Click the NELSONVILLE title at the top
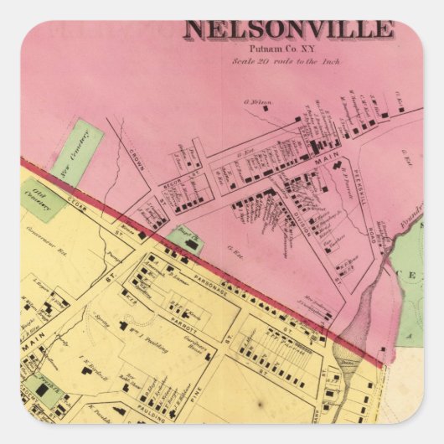(x=289, y=30)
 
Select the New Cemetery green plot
(x=78, y=152)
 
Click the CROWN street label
(x=139, y=160)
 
